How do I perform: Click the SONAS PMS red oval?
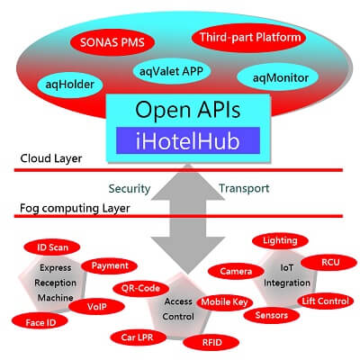pyautogui.click(x=112, y=42)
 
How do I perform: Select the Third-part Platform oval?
pyautogui.click(x=248, y=38)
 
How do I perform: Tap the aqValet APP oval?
pyautogui.click(x=171, y=71)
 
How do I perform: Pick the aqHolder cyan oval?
pyautogui.click(x=70, y=85)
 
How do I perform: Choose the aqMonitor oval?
pyautogui.click(x=277, y=78)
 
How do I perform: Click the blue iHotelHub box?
pyautogui.click(x=188, y=140)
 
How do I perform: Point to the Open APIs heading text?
pyautogui.click(x=188, y=110)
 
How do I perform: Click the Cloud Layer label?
pyautogui.click(x=51, y=158)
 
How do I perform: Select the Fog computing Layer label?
pyautogui.click(x=75, y=208)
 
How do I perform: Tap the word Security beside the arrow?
pyautogui.click(x=130, y=189)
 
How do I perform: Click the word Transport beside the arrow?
pyautogui.click(x=244, y=188)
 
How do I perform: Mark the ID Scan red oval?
pyautogui.click(x=52, y=247)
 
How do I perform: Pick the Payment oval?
pyautogui.click(x=110, y=265)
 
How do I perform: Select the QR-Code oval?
pyautogui.click(x=140, y=289)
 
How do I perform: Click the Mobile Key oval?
pyautogui.click(x=224, y=302)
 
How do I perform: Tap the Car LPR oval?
pyautogui.click(x=138, y=337)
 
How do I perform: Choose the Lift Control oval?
pyautogui.click(x=326, y=301)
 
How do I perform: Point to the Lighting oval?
pyautogui.click(x=280, y=241)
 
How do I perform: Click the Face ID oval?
pyautogui.click(x=40, y=322)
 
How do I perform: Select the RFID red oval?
pyautogui.click(x=211, y=342)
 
